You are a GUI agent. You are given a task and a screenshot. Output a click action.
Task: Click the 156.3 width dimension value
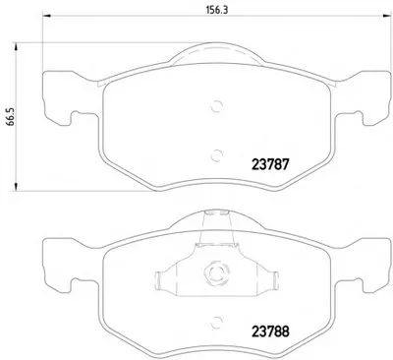(x=217, y=10)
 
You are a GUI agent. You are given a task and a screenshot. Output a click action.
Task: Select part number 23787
(x=270, y=164)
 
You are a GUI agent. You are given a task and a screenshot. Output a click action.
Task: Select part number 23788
(x=270, y=331)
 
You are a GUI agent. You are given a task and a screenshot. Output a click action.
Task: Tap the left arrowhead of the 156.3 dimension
(x=46, y=16)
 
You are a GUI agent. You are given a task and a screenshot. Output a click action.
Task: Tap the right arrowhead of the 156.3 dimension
(x=388, y=16)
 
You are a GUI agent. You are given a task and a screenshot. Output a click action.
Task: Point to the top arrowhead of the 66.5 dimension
(x=15, y=46)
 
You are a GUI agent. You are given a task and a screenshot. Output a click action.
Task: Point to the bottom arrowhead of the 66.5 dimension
(x=15, y=187)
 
